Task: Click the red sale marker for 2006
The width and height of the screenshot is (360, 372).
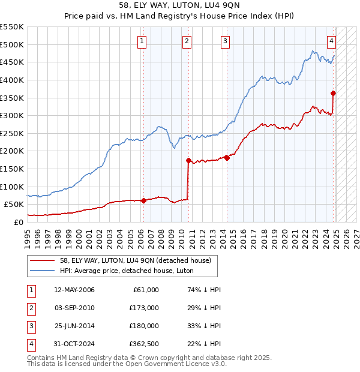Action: click(143, 200)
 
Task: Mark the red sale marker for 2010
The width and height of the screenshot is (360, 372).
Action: click(188, 160)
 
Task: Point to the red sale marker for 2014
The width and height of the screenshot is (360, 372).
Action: click(227, 158)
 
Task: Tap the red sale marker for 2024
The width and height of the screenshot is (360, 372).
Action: click(333, 93)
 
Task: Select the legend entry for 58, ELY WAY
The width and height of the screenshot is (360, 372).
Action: click(135, 260)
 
